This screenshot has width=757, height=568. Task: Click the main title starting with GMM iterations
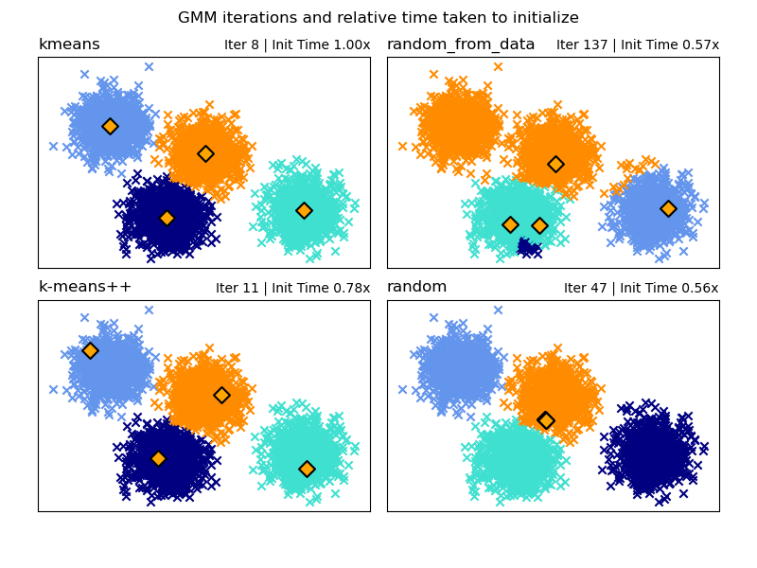pyautogui.click(x=378, y=18)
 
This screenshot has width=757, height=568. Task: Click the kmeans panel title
pyautogui.click(x=69, y=44)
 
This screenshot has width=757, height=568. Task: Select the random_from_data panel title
pyautogui.click(x=461, y=44)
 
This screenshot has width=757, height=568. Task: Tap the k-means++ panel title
pyautogui.click(x=85, y=287)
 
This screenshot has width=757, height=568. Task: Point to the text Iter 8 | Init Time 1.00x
pyautogui.click(x=297, y=45)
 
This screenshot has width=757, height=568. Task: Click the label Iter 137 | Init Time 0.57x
pyautogui.click(x=637, y=45)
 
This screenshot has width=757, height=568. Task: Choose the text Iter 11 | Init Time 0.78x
pyautogui.click(x=292, y=289)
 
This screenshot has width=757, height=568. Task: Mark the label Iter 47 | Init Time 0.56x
pyautogui.click(x=641, y=289)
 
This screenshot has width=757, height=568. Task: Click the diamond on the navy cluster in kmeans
pyautogui.click(x=167, y=219)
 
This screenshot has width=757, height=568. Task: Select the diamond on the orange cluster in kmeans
pyautogui.click(x=205, y=153)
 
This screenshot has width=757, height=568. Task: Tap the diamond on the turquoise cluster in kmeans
pyautogui.click(x=304, y=210)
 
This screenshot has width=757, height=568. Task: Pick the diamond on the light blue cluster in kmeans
pyautogui.click(x=110, y=126)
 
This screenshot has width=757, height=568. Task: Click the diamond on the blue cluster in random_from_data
pyautogui.click(x=668, y=208)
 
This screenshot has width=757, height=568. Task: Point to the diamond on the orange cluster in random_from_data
pyautogui.click(x=555, y=164)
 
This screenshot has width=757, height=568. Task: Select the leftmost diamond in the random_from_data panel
pyautogui.click(x=510, y=224)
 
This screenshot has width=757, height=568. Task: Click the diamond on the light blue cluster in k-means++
pyautogui.click(x=90, y=350)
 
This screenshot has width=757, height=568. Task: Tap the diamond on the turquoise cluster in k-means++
pyautogui.click(x=307, y=469)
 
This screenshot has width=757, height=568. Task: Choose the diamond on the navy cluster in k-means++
pyautogui.click(x=158, y=458)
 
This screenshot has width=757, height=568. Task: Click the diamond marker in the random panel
pyautogui.click(x=546, y=420)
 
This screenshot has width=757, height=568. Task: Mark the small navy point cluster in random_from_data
pyautogui.click(x=528, y=248)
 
